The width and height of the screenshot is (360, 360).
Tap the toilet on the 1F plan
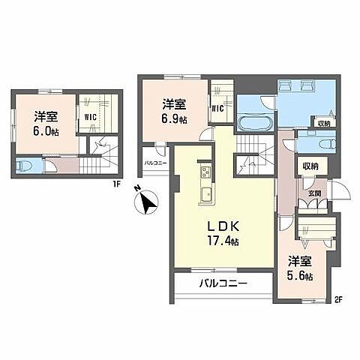pos(24,167)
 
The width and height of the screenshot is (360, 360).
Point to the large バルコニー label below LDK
pos(223,283)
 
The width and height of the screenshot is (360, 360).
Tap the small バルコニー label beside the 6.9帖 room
pos(154,162)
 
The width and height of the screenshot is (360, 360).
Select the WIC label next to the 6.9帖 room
pos(219,109)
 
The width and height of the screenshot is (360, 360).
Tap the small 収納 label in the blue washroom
pos(324,123)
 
